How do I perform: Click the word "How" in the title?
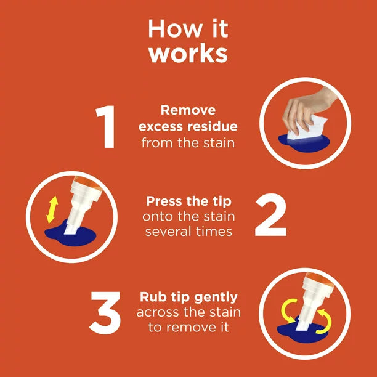165,29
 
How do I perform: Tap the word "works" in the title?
188,54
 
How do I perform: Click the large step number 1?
106,128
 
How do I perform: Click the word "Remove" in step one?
188,110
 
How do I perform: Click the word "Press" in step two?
164,201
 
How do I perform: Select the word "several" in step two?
164,232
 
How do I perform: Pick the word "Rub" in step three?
153,297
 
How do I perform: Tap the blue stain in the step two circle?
86,235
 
